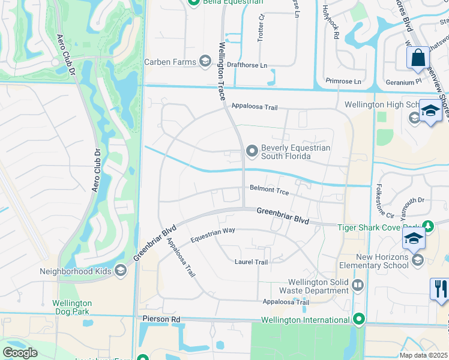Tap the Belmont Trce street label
(x=270, y=191)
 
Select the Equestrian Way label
(x=212, y=235)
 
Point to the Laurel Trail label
(x=250, y=262)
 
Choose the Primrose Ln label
(x=343, y=81)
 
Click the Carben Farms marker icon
(x=205, y=62)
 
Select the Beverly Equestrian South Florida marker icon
(x=252, y=151)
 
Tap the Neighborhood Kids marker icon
(x=121, y=271)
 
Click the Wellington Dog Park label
(x=72, y=308)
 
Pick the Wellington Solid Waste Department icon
(x=358, y=284)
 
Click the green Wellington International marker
(x=360, y=319)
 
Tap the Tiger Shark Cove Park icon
(x=427, y=226)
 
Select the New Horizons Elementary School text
(x=373, y=262)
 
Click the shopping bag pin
(x=418, y=58)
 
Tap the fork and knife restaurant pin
(x=440, y=289)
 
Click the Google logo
(x=20, y=353)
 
